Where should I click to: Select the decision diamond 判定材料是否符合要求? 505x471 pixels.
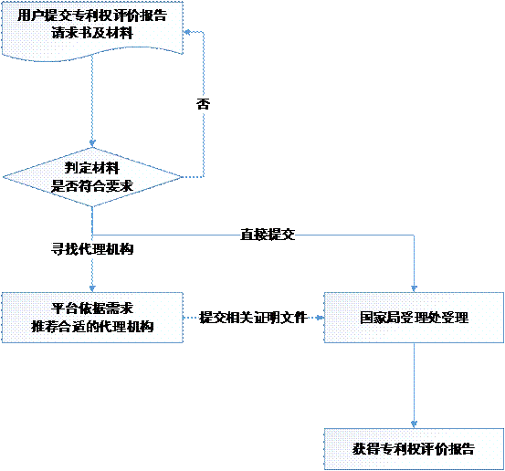pyautogui.click(x=92, y=177)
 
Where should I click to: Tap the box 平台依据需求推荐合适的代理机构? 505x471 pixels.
pyautogui.click(x=92, y=318)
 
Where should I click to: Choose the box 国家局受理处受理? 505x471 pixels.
pyautogui.click(x=414, y=318)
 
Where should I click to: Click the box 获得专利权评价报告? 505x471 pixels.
pyautogui.click(x=414, y=449)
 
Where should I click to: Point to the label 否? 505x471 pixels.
pyautogui.click(x=204, y=104)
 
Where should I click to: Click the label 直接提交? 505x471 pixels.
pyautogui.click(x=268, y=235)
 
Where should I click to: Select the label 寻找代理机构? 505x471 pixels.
pyautogui.click(x=92, y=249)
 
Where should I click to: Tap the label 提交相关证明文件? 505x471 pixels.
pyautogui.click(x=253, y=318)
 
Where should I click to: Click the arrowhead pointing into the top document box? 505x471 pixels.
pyautogui.click(x=186, y=32)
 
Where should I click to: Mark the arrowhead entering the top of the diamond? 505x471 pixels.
pyautogui.click(x=92, y=143)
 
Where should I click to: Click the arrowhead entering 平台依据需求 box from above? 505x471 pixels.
pyautogui.click(x=92, y=288)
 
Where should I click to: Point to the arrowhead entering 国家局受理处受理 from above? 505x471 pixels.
pyautogui.click(x=414, y=288)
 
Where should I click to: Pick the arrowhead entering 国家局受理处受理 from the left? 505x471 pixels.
pyautogui.click(x=321, y=318)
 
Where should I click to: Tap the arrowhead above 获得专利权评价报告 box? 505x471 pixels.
pyautogui.click(x=414, y=424)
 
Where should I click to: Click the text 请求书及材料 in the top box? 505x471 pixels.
pyautogui.click(x=92, y=33)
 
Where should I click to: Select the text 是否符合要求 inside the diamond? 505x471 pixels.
pyautogui.click(x=92, y=186)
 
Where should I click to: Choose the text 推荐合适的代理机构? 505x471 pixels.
pyautogui.click(x=92, y=327)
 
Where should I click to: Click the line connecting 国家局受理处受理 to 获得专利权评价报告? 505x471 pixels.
pyautogui.click(x=414, y=385)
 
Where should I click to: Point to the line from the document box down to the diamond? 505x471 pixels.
pyautogui.click(x=92, y=101)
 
